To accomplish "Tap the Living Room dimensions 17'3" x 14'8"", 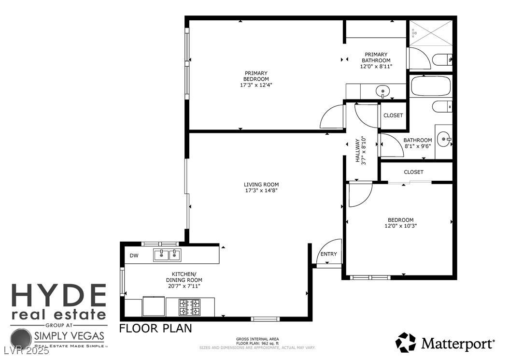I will (261, 190).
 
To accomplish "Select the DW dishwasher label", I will (134, 256).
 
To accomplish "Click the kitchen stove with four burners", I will (190, 307).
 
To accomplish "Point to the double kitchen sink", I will (167, 255).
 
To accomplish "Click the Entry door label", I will (329, 254).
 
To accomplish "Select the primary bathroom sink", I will (383, 91).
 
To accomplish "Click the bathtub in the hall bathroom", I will (431, 86).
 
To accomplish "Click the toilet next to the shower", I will (442, 60).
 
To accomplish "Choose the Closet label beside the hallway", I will (393, 115).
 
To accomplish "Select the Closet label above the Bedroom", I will (413, 172).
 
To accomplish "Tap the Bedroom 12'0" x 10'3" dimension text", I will (400, 226).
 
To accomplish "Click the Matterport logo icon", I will (406, 343).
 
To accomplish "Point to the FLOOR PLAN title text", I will (156, 329).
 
